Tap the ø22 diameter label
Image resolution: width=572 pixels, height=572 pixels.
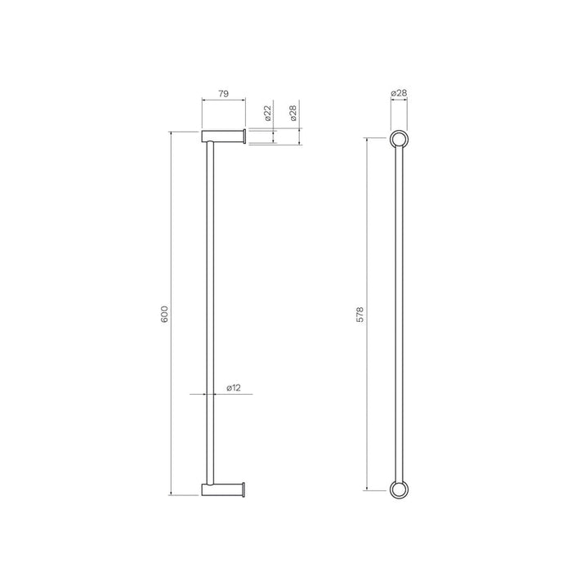pos(268,114)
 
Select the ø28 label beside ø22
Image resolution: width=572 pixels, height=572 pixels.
pos(293,114)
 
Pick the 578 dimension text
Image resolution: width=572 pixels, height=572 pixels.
pos(360,314)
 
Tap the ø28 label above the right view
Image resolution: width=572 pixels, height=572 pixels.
pos(399,94)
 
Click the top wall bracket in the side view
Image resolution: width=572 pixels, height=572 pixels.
pos(222,136)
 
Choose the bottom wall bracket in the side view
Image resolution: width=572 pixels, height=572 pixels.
pos(222,489)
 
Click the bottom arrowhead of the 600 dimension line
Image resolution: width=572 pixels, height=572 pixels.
pos(171,492)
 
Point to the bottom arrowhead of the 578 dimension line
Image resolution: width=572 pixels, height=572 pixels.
pos(367,488)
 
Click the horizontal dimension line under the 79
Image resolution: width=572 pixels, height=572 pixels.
pos(223,103)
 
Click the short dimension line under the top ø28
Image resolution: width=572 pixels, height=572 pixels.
pos(399,103)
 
